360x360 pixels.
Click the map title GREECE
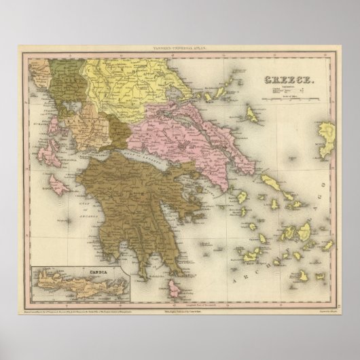tap(286, 78)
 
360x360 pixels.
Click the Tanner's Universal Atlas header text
tap(179, 46)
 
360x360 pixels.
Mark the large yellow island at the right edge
tap(328, 135)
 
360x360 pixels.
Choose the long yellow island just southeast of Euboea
tap(270, 183)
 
